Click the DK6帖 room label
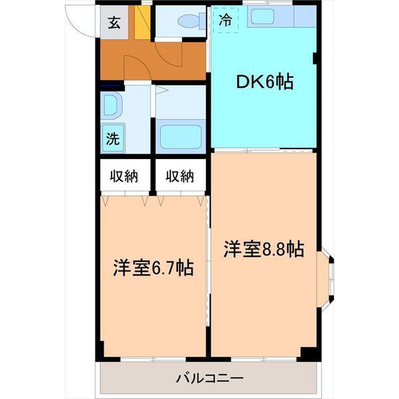coord(264,82)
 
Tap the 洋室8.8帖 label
coord(264,249)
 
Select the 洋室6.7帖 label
coord(153,267)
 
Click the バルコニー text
coord(209,378)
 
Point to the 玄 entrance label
coord(114,23)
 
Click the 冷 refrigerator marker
coord(226,19)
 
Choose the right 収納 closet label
coord(180,176)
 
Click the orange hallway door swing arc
coord(137,65)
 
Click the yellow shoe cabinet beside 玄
coord(144,24)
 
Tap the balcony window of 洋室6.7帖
coord(153,360)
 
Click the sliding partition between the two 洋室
coord(208,268)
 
